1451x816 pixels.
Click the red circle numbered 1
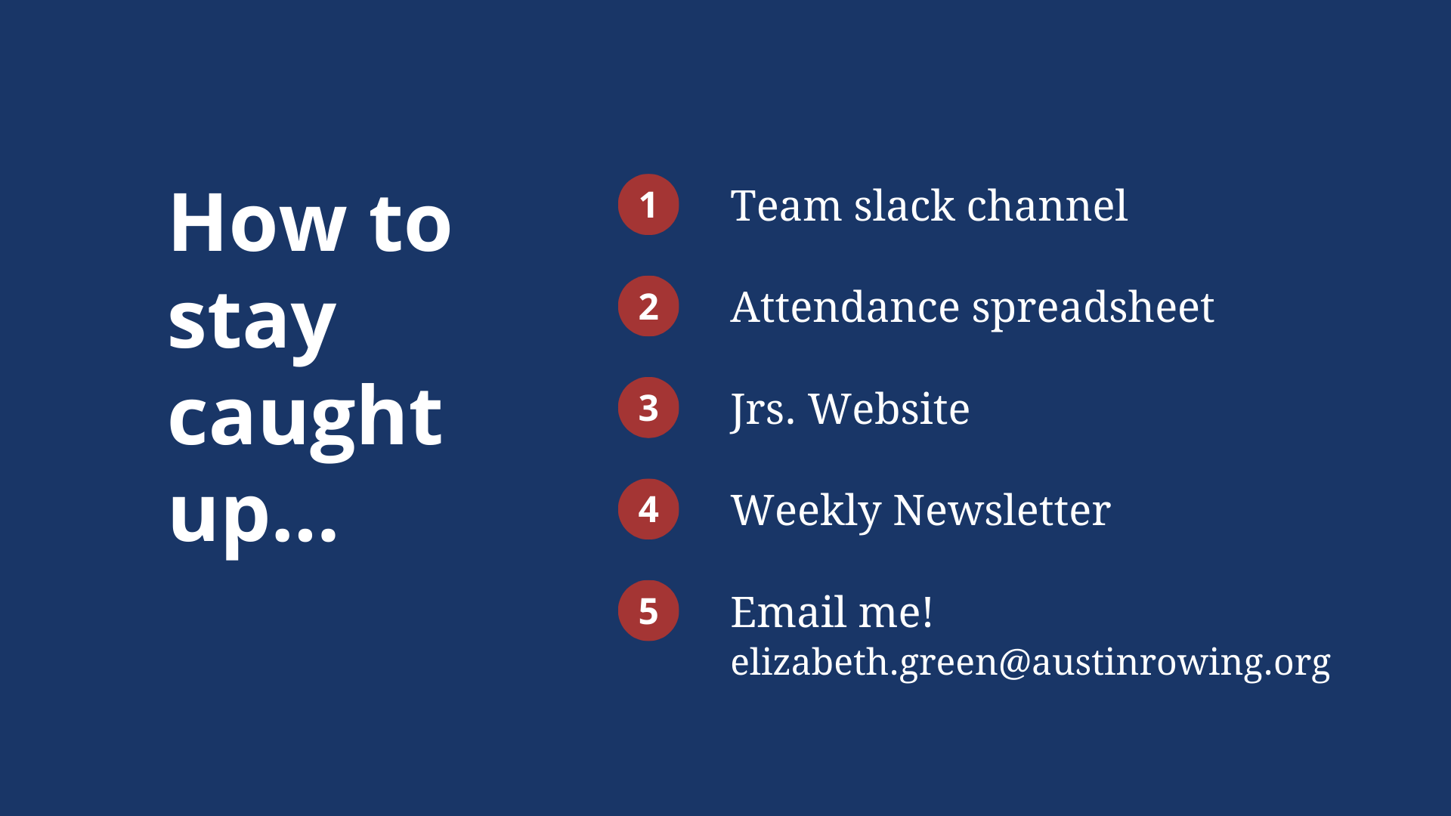pos(648,205)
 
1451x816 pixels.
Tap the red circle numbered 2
pos(648,306)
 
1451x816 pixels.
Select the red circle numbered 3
pos(648,408)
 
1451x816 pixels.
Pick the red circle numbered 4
pos(648,509)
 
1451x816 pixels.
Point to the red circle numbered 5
pos(648,610)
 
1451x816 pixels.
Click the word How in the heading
pos(258,223)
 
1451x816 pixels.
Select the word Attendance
pos(845,308)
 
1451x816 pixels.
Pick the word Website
pos(889,409)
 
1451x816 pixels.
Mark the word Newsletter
pos(1002,511)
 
